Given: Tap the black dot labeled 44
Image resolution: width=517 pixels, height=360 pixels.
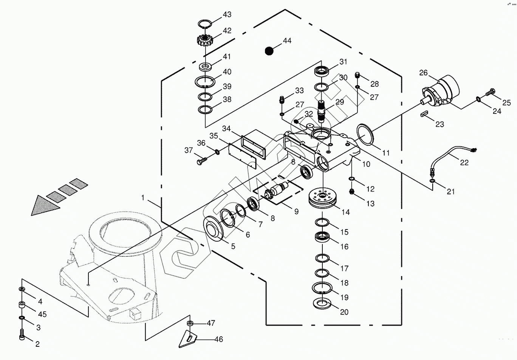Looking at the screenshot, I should pos(269,51).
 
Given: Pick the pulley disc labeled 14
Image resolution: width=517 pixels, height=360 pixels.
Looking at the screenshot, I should pos(324,198).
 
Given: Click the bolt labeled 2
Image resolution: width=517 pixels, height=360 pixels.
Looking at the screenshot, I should pos(22,334).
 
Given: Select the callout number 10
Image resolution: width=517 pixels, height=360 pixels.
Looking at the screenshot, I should pos(366,164).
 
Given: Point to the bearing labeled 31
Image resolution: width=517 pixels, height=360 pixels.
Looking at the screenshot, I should pos(322,71).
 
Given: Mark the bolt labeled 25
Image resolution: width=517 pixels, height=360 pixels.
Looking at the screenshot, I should pos(492,91).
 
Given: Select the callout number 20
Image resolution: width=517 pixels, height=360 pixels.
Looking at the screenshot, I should pos(344,312).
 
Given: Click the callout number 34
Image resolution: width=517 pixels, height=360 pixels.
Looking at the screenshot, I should pos(226,129).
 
